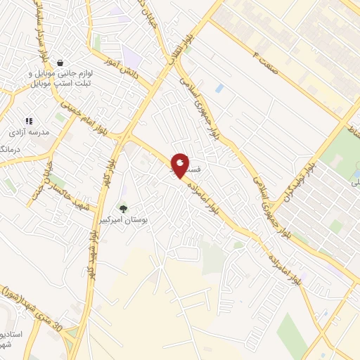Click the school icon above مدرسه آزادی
pos(29,121)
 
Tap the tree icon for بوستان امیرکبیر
pos(124,209)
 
